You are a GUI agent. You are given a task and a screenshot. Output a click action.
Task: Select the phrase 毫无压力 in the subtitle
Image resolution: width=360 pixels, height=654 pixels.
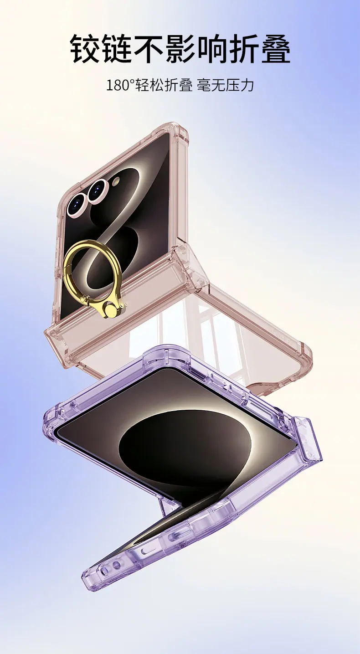[x=226, y=86]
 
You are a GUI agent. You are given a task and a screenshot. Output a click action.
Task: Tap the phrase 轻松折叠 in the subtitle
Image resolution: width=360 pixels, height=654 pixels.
[x=163, y=86]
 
